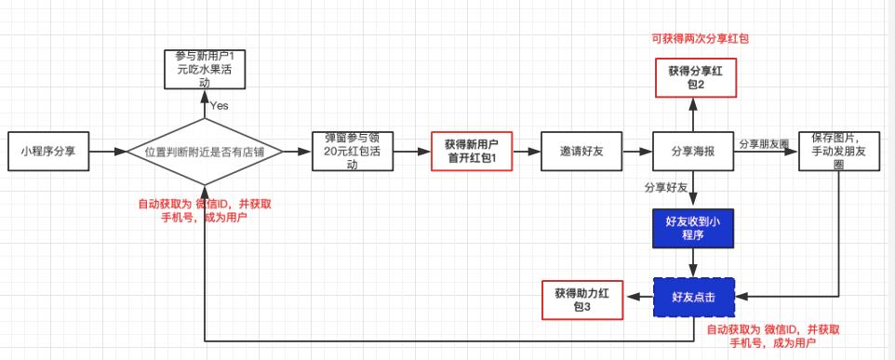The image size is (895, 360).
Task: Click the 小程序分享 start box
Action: tap(47, 151)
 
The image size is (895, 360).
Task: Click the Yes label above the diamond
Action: tap(219, 105)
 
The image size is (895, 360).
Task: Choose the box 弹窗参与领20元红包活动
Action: tap(353, 151)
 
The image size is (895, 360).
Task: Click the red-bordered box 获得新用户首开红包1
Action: tap(472, 151)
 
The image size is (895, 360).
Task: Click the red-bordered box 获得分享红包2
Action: tap(694, 77)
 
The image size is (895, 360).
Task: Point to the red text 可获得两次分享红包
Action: tap(700, 39)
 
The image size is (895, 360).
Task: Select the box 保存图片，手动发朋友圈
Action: tap(839, 151)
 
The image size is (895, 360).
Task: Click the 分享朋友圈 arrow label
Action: tap(763, 144)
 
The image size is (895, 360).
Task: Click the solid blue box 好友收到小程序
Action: tap(694, 228)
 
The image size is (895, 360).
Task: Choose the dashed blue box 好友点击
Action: tap(694, 298)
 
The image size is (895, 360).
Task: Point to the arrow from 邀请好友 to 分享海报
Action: tap(635, 151)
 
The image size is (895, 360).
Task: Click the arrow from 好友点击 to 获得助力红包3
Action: tap(640, 298)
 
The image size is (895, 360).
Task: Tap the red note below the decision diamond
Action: tap(204, 210)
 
